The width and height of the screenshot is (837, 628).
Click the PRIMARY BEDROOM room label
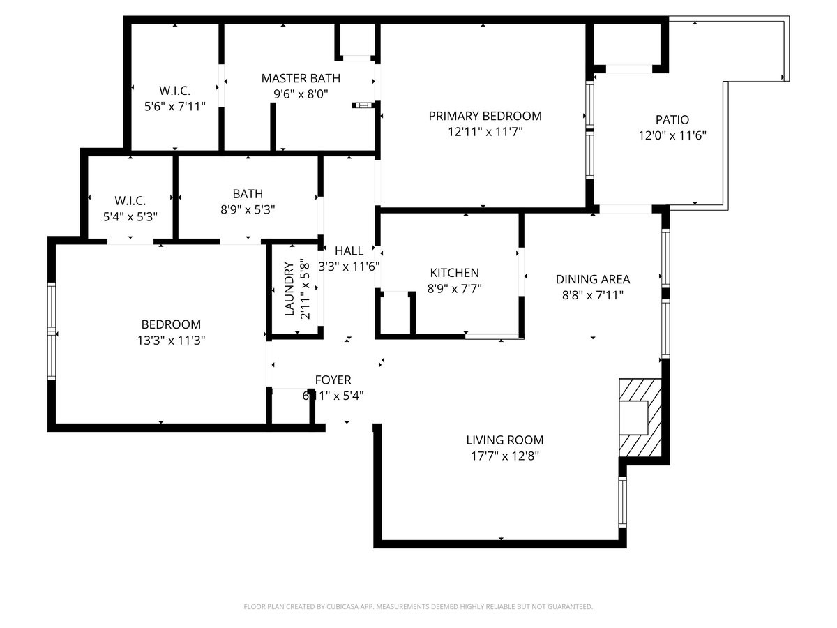[484, 116]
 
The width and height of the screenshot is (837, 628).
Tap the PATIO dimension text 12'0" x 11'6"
[672, 136]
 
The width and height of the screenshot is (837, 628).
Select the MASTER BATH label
[301, 77]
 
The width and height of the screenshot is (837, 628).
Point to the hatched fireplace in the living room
[640, 419]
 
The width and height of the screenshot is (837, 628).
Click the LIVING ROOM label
[504, 440]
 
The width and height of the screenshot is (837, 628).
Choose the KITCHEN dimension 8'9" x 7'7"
[454, 287]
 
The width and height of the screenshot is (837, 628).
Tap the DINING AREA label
[592, 279]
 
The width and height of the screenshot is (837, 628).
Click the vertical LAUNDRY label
[289, 289]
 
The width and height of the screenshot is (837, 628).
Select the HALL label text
[349, 251]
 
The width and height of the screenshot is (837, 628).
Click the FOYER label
[333, 380]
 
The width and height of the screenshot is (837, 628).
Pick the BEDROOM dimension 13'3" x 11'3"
[171, 341]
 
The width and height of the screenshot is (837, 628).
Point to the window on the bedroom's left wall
[51, 331]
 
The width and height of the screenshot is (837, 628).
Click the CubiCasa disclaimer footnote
[418, 606]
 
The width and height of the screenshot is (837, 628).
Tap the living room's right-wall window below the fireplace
[623, 502]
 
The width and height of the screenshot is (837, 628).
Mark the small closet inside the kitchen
[395, 314]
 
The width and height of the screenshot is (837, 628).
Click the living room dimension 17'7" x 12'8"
[504, 456]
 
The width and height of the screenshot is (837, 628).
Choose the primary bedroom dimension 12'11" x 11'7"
[484, 131]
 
